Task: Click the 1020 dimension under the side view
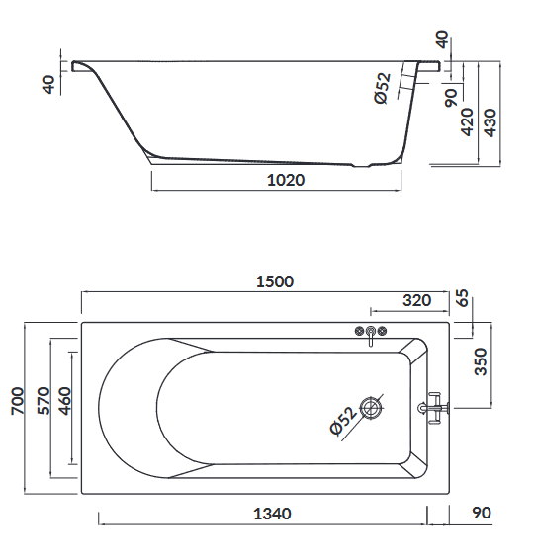point(285,181)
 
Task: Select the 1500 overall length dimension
point(275,281)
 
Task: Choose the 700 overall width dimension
point(17,400)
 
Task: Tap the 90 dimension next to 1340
point(482,514)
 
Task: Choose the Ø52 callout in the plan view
point(341,421)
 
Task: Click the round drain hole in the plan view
point(372,406)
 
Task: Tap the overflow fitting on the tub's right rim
point(433,406)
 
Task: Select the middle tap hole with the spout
point(371,333)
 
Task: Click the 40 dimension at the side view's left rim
point(48,84)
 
